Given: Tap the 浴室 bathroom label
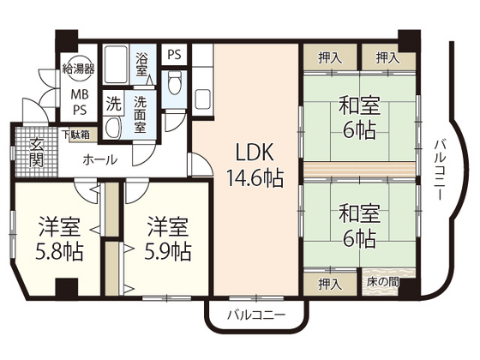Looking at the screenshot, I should (x=143, y=65).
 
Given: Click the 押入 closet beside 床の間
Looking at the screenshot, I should (x=327, y=283).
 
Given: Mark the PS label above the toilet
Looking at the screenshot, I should (x=175, y=54).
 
